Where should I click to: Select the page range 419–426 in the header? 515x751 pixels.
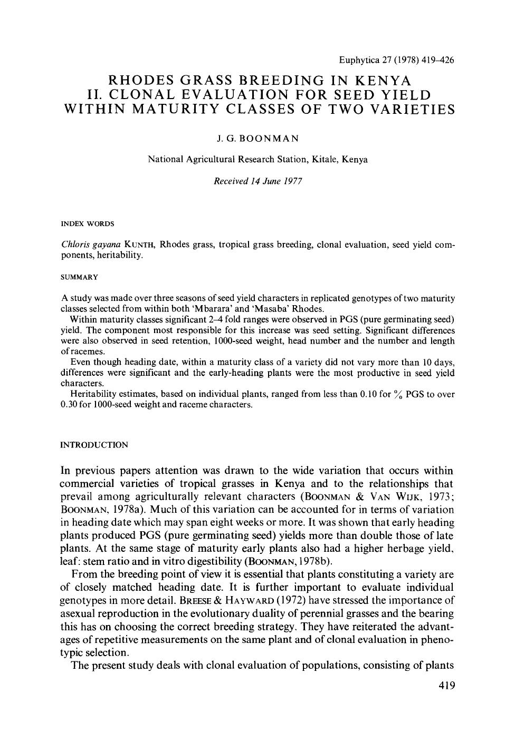point(436,60)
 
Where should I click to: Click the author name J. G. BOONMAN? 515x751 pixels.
point(257,139)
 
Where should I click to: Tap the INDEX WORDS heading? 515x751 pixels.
point(88,223)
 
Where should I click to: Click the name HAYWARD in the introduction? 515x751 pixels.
point(243,600)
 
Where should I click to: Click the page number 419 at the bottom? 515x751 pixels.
point(443,686)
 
